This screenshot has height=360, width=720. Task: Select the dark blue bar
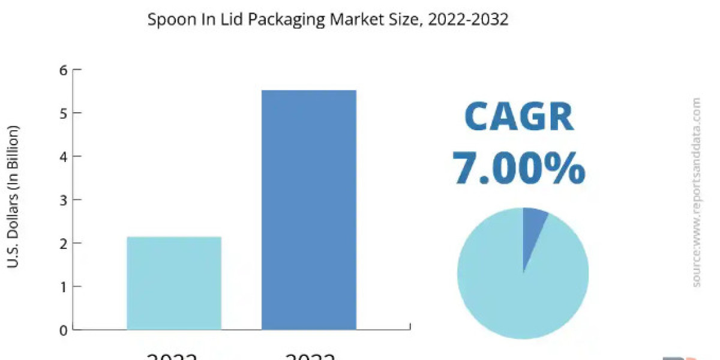(x=309, y=210)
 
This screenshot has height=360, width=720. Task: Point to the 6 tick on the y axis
(x=62, y=70)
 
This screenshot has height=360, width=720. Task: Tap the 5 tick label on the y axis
(x=62, y=113)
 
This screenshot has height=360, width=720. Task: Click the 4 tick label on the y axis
(x=62, y=156)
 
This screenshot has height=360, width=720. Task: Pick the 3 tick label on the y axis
(x=62, y=200)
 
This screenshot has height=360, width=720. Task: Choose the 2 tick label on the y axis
(x=62, y=243)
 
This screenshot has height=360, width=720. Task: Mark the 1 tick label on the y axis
(x=62, y=286)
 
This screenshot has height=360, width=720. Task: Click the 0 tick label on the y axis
(x=62, y=329)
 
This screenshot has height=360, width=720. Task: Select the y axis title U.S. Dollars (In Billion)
(x=13, y=196)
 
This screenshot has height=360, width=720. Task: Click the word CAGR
(x=519, y=117)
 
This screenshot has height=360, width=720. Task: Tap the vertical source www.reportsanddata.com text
(x=696, y=192)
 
